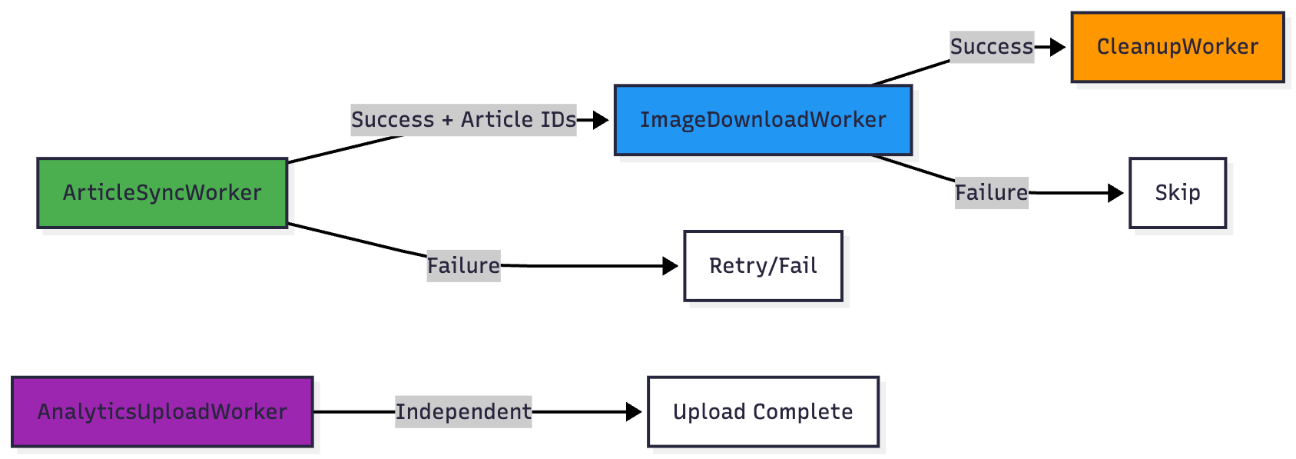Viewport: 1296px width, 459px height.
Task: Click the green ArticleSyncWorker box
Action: (x=162, y=193)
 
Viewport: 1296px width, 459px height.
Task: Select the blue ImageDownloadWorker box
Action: (x=763, y=120)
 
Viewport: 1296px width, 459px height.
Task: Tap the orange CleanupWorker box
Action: (x=1177, y=47)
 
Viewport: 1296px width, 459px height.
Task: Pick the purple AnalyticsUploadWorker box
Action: (x=162, y=412)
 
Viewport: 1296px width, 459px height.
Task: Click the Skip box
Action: (x=1177, y=193)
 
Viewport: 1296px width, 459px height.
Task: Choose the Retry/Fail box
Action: (x=763, y=266)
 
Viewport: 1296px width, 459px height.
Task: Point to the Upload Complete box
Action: (x=763, y=412)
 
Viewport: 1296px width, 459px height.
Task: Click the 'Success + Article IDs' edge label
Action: (x=463, y=120)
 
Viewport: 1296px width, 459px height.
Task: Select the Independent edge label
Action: (x=463, y=412)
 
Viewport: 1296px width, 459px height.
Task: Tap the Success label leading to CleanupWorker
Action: (x=991, y=47)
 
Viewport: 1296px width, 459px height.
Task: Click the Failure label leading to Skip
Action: (x=991, y=193)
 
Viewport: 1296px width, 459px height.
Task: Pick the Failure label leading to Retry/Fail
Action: (x=463, y=266)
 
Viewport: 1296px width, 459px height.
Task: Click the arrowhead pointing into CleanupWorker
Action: (x=1058, y=47)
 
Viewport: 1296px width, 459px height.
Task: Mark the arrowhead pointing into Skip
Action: (x=1115, y=193)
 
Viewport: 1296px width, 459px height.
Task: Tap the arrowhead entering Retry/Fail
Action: (x=670, y=266)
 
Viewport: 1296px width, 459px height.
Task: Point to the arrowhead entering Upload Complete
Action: (x=634, y=412)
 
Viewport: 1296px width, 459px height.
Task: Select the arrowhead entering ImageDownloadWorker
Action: (x=601, y=120)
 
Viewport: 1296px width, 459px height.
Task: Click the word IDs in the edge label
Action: (x=558, y=120)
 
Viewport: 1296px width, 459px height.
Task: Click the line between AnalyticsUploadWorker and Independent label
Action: (x=353, y=412)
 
